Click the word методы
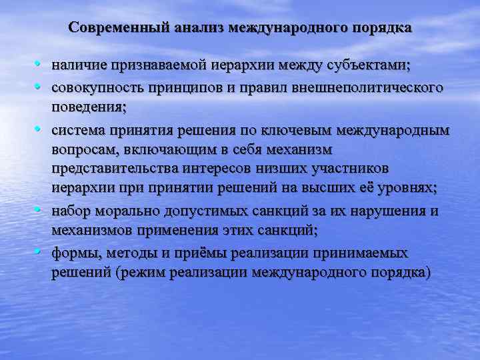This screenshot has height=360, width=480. coord(126,253)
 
